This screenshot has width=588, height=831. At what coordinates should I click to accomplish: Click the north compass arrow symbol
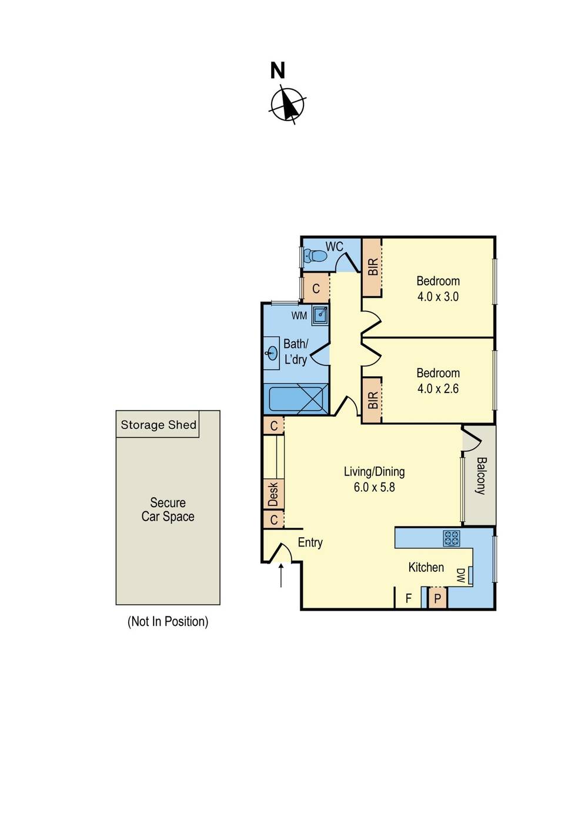[x=288, y=104]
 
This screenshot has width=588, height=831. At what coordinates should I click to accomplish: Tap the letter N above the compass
[x=278, y=71]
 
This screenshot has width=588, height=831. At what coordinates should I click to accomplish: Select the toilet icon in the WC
[x=314, y=255]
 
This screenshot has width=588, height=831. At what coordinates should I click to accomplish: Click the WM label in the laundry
[x=299, y=316]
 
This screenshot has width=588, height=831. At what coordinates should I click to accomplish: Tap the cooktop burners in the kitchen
[x=452, y=539]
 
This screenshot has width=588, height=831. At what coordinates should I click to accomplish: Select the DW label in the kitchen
[x=460, y=575]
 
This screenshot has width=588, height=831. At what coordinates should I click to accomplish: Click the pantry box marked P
[x=437, y=598]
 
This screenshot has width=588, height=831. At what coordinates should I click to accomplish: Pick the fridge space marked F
[x=408, y=598]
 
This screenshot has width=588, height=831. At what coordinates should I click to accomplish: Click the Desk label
[x=273, y=494]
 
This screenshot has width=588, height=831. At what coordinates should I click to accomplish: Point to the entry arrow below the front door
[x=281, y=575]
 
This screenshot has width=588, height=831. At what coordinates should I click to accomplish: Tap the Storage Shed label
[x=159, y=425]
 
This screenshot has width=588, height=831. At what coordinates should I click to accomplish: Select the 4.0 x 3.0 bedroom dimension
[x=438, y=296]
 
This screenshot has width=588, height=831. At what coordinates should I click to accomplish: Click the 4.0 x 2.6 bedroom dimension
[x=438, y=388]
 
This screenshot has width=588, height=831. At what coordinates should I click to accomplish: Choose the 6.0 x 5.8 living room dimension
[x=374, y=487]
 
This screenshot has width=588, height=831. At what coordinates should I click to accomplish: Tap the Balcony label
[x=480, y=476]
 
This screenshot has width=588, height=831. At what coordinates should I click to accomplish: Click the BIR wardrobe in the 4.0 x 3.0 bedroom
[x=372, y=267]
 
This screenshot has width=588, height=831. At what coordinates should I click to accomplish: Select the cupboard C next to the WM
[x=316, y=288]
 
